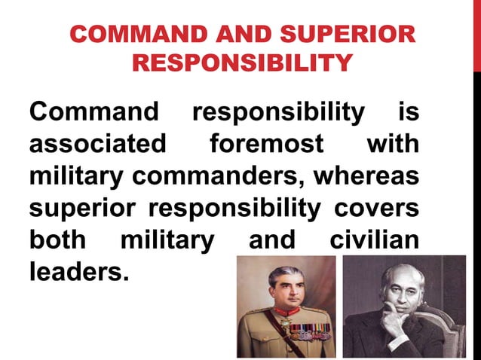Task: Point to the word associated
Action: tap(97, 142)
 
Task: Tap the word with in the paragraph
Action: tap(393, 142)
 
